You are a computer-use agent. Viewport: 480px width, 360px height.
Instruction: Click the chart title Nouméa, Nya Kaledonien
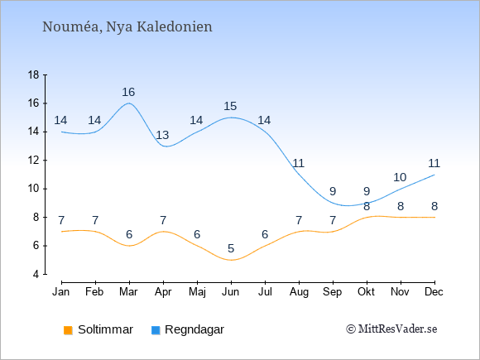(127, 26)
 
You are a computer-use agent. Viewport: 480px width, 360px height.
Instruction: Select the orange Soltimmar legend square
(68, 330)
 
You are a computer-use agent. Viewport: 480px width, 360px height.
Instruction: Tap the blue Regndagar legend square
(156, 330)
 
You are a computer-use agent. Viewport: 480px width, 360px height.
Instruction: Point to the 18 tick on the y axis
(34, 74)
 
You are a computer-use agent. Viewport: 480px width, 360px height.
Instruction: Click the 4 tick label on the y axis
(36, 274)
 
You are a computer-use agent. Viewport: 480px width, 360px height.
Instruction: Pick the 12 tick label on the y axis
(34, 160)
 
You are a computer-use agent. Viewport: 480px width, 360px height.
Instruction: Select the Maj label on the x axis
(197, 292)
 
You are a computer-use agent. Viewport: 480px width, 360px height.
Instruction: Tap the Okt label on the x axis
(366, 292)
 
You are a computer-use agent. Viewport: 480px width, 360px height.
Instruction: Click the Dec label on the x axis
(434, 292)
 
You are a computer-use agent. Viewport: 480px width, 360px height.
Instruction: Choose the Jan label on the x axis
(61, 292)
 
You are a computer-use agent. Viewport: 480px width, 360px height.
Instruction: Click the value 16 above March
(128, 92)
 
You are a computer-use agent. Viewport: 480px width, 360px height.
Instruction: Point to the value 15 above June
(230, 106)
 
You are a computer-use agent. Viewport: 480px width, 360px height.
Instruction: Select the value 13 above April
(162, 135)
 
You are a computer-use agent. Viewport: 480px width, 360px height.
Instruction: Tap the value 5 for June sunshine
(231, 248)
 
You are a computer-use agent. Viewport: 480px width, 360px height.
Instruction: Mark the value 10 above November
(400, 177)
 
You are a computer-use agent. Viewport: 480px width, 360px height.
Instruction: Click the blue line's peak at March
(129, 103)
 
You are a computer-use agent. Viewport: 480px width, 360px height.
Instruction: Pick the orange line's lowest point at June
(231, 260)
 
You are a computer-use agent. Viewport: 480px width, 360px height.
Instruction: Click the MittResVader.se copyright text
(391, 329)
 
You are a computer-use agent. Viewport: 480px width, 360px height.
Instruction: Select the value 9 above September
(333, 192)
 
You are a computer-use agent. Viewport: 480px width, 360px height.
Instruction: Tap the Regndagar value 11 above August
(299, 163)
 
